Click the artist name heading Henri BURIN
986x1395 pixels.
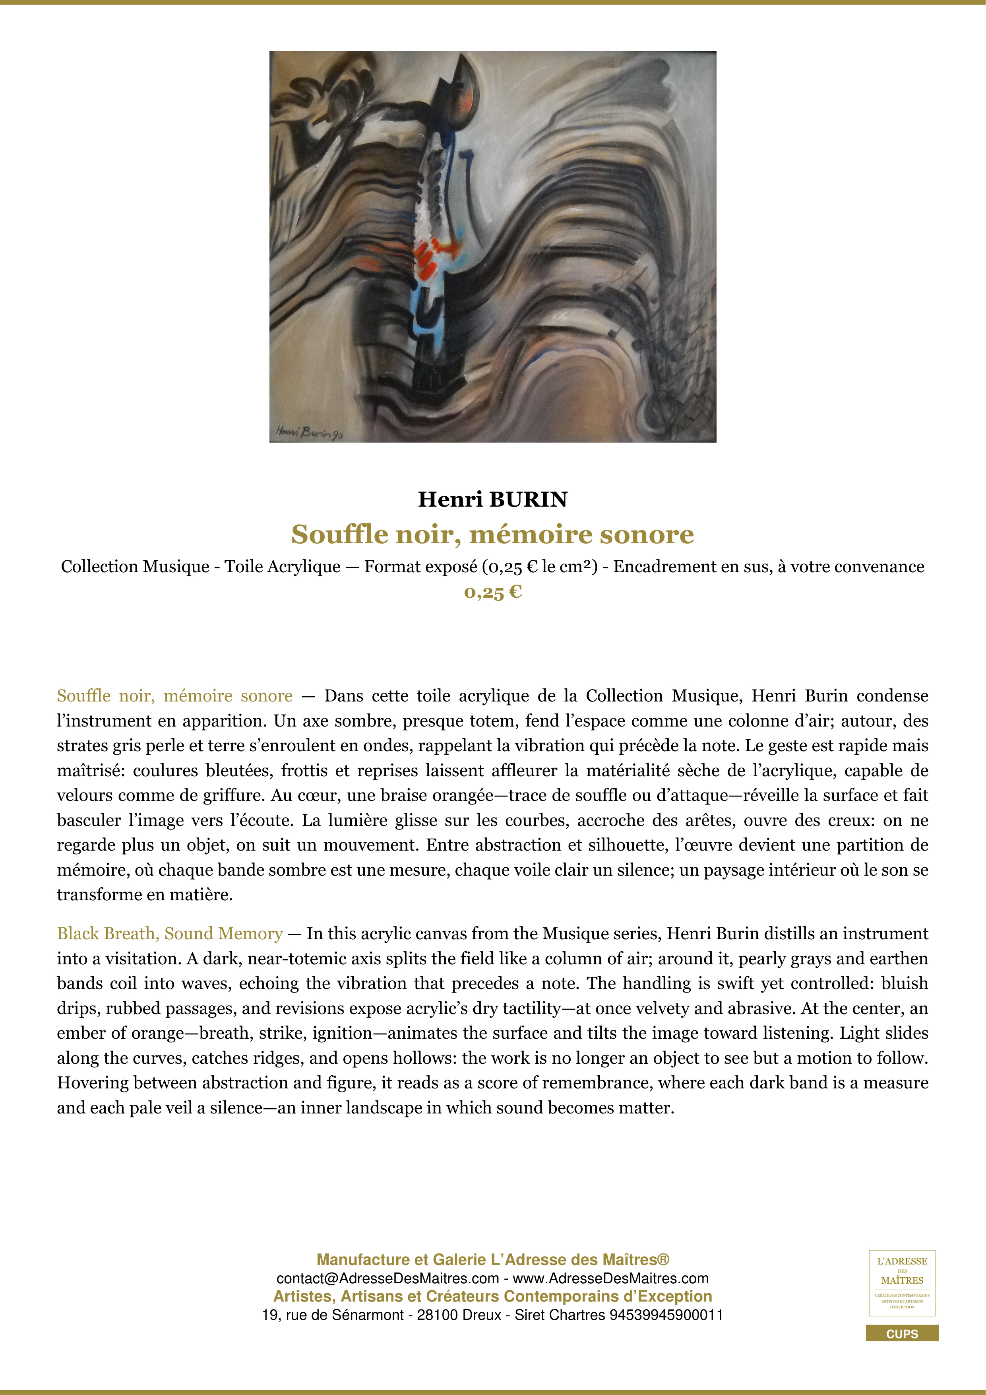[x=492, y=499]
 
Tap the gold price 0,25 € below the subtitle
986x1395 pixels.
[x=492, y=593]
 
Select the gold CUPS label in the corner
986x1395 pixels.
[x=902, y=1334]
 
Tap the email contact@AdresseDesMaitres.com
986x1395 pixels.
[x=387, y=1278]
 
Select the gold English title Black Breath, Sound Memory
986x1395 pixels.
[x=170, y=933]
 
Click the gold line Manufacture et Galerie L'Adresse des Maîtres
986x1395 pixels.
[x=492, y=1260]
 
